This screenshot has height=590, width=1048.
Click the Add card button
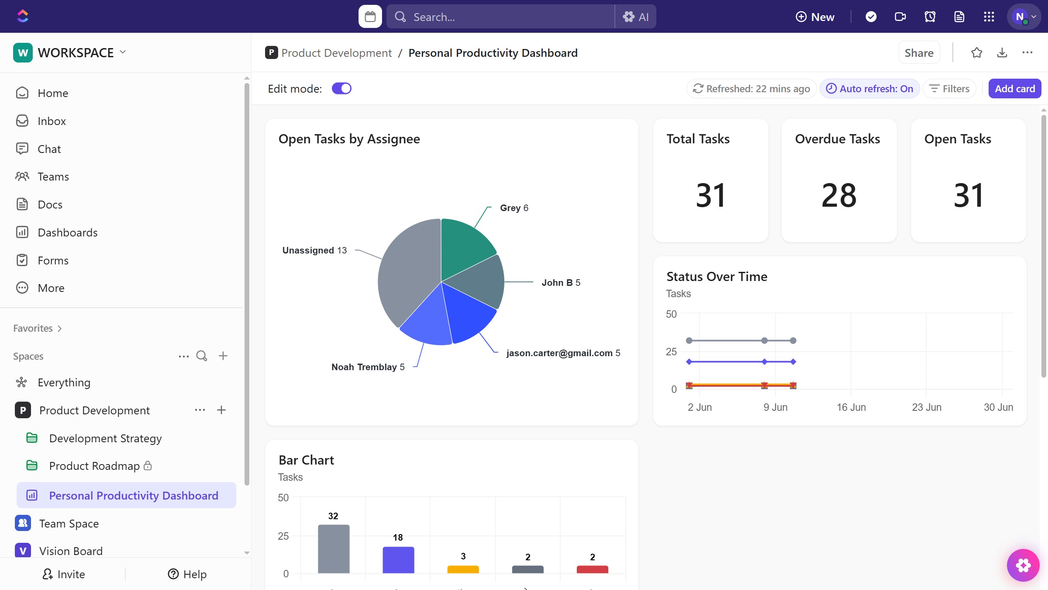(1014, 89)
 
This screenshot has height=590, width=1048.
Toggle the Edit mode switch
(341, 89)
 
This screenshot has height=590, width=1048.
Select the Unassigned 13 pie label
(314, 250)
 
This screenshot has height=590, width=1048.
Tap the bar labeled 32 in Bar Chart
(334, 548)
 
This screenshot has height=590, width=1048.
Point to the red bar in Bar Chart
(592, 569)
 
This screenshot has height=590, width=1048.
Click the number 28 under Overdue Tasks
(839, 195)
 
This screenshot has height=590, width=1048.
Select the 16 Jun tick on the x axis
(851, 407)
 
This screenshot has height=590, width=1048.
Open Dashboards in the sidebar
(67, 233)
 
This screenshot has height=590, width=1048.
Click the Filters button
(949, 89)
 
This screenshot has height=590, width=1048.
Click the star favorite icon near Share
(976, 53)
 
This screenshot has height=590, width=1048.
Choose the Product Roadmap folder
(94, 466)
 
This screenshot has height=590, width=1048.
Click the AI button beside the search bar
(636, 17)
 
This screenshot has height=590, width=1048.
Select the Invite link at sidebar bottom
(64, 574)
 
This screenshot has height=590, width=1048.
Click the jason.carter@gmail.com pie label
(563, 353)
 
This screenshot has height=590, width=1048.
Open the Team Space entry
(69, 524)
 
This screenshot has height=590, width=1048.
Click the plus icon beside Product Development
(221, 410)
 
